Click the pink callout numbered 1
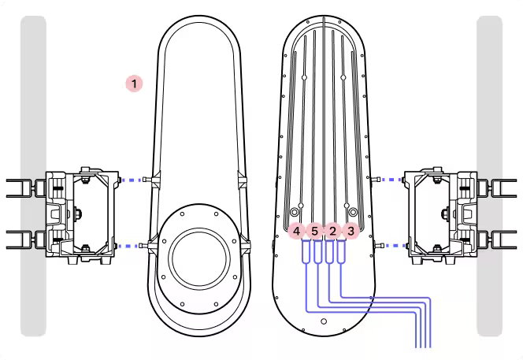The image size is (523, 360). [134, 84]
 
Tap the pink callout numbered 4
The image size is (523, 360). [296, 231]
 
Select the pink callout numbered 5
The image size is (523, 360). [314, 231]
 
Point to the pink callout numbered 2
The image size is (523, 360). [332, 231]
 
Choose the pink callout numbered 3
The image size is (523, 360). [351, 231]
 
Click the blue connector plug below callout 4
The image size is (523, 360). [306, 251]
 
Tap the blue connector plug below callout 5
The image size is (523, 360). [317, 251]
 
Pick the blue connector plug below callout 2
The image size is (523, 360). [329, 251]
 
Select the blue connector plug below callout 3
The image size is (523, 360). [341, 251]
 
